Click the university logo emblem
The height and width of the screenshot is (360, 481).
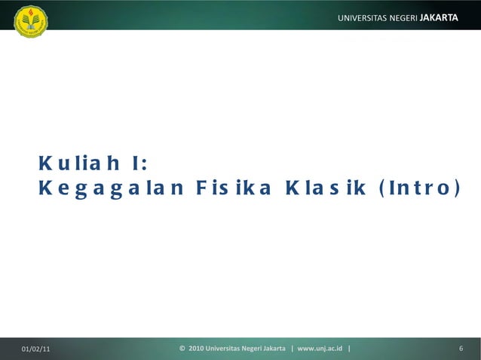[x=31, y=22]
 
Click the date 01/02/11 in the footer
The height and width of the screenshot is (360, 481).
[x=37, y=349]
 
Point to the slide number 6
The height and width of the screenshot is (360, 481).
[x=460, y=349]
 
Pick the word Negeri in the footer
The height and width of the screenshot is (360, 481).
[x=262, y=349]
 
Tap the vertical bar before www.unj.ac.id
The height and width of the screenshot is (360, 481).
[x=293, y=349]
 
